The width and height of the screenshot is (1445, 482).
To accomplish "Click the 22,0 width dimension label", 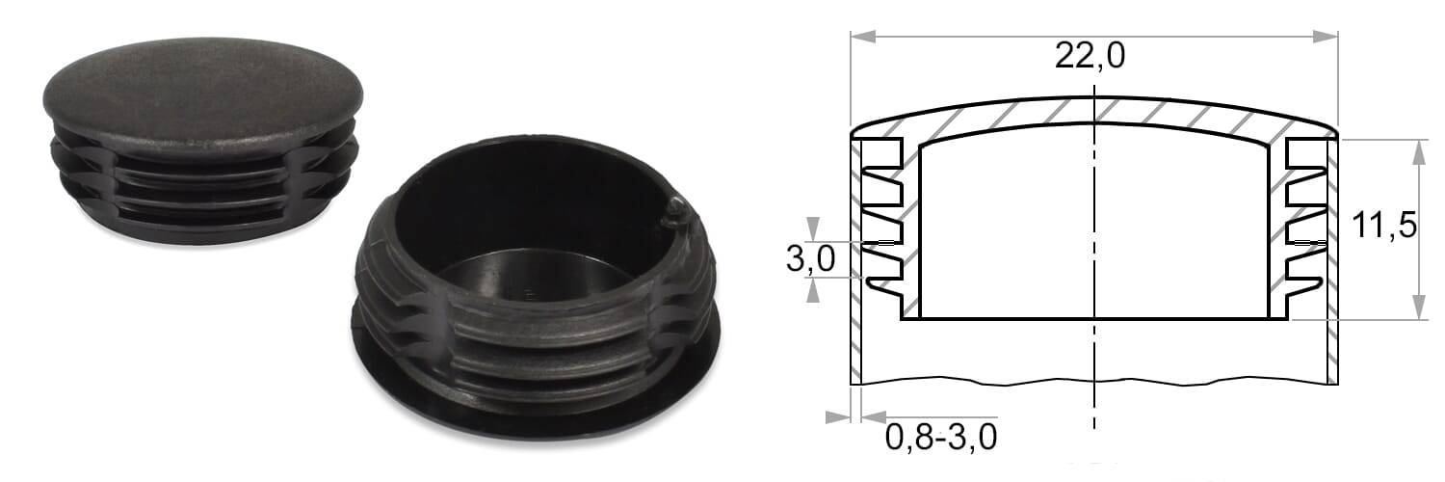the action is click(1090, 56).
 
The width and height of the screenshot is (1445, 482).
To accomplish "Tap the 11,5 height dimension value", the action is click(1383, 226).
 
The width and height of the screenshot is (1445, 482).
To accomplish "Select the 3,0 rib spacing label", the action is click(810, 258).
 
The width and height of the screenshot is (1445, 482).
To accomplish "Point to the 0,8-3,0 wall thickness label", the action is click(940, 437).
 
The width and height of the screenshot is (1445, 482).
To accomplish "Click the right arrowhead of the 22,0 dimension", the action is click(1326, 36).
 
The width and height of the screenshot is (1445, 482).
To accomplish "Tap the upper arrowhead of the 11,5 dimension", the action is click(1419, 152).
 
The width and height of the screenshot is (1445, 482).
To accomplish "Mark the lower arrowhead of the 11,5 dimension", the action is click(1419, 307).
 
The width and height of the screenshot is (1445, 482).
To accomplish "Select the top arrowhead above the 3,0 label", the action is click(813, 228).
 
